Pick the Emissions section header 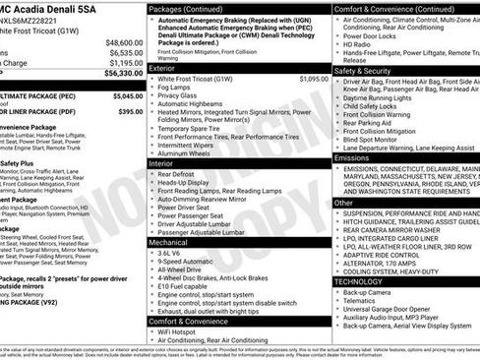353,156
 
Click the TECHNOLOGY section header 359,280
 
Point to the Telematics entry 366,301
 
